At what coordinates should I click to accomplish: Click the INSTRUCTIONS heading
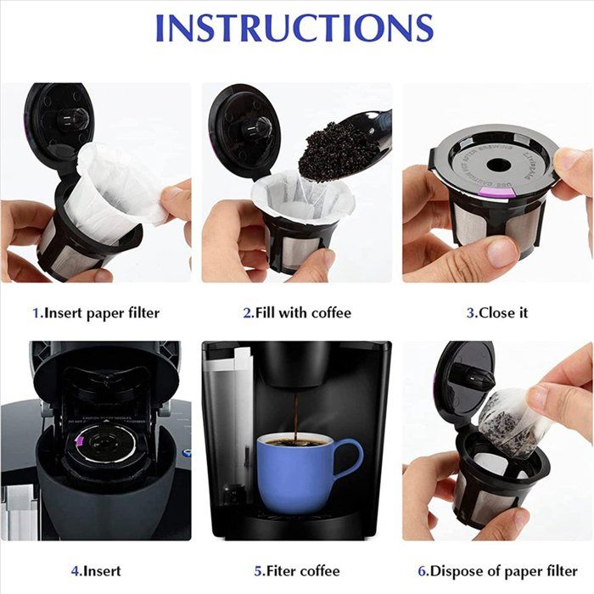[294, 27]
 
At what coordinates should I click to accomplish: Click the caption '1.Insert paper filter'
[96, 312]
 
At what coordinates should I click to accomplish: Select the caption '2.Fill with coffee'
[296, 312]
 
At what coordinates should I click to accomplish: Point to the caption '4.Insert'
[96, 571]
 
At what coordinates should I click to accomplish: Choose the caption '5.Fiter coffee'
[296, 571]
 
